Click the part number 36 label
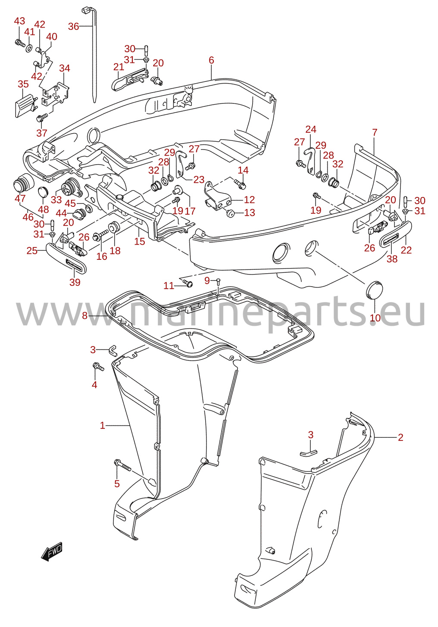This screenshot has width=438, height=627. [74, 26]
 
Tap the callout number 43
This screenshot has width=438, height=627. [19, 21]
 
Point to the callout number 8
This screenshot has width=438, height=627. [84, 316]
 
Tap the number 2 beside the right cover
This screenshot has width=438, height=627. [400, 437]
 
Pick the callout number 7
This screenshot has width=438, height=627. [375, 132]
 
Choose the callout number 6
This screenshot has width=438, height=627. [211, 60]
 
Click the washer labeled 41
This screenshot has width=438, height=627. [29, 48]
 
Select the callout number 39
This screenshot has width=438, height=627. [75, 282]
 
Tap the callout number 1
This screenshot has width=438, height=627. [103, 425]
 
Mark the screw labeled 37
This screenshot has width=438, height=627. [42, 118]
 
